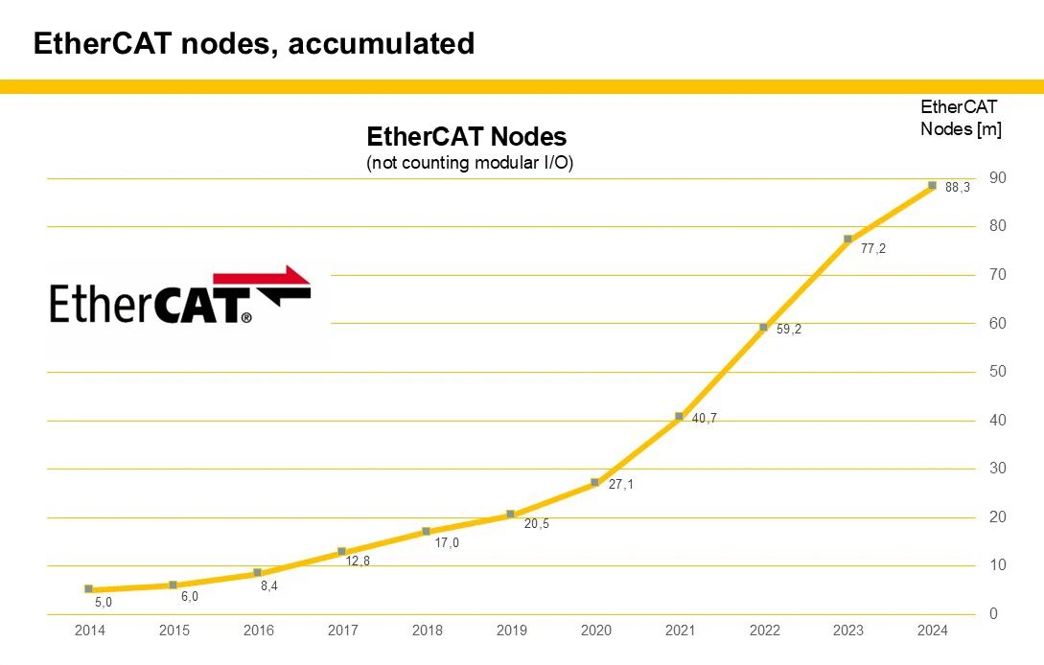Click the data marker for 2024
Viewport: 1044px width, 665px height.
click(x=932, y=186)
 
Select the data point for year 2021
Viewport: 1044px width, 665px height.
click(x=679, y=416)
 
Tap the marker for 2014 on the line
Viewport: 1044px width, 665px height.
click(x=88, y=589)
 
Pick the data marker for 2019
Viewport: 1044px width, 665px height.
click(x=510, y=515)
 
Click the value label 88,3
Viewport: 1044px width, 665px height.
click(x=958, y=188)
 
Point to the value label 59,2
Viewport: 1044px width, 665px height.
click(x=789, y=330)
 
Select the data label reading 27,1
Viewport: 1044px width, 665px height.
click(x=621, y=485)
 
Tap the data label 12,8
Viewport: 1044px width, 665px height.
click(x=358, y=561)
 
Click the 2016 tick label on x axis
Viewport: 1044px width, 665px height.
click(x=259, y=631)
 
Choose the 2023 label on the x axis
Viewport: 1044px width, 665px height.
click(x=848, y=631)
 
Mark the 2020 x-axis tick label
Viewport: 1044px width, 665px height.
click(x=595, y=631)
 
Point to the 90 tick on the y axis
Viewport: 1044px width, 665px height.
click(x=998, y=178)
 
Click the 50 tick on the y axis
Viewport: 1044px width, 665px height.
click(x=998, y=372)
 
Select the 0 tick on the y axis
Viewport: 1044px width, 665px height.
click(x=994, y=614)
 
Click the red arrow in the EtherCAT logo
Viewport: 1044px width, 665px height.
click(x=278, y=277)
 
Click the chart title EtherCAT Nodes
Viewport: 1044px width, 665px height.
click(x=466, y=136)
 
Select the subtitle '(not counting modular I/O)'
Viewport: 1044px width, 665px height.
click(x=470, y=163)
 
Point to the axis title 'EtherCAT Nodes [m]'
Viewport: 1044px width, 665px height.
click(x=960, y=118)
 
